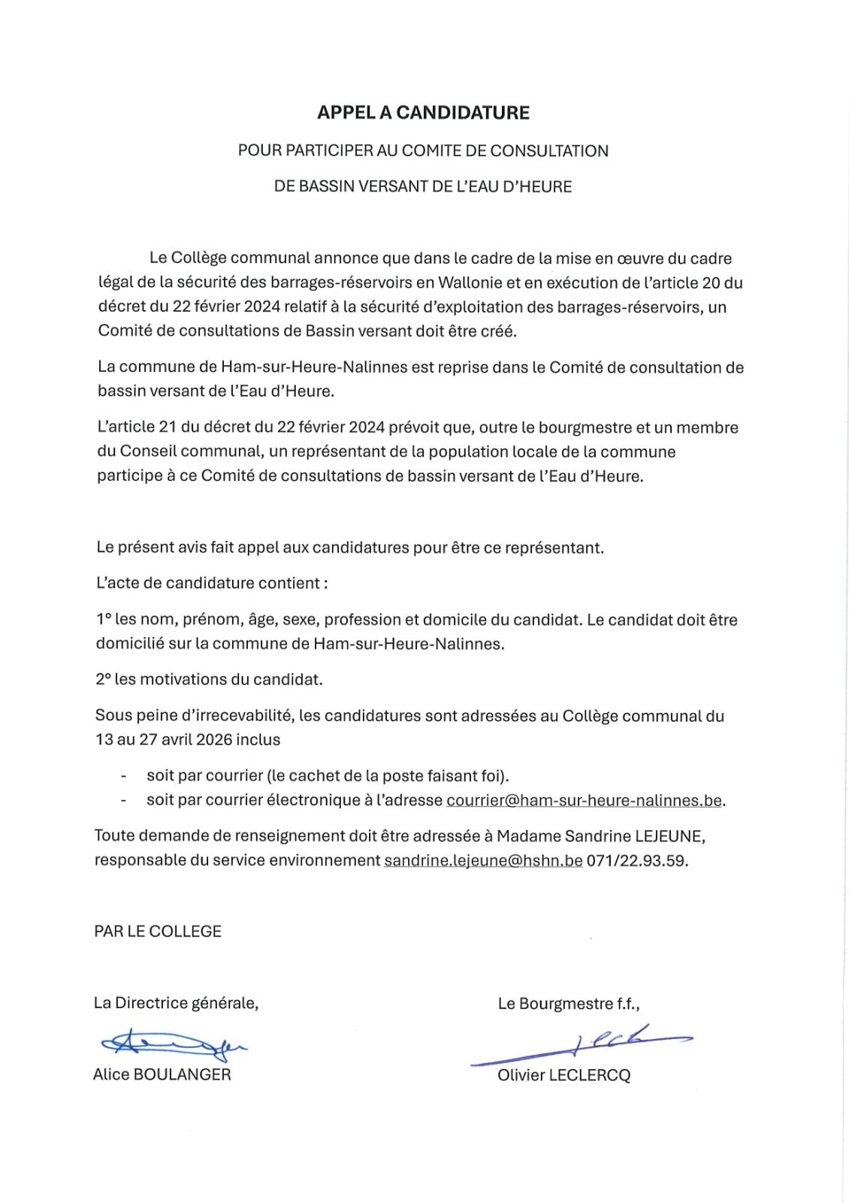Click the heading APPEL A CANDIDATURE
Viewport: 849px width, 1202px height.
[423, 113]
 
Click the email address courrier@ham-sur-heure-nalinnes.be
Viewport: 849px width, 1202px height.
[585, 800]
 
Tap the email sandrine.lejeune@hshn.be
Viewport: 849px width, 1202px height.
[483, 860]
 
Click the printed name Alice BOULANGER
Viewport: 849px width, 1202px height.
[162, 1074]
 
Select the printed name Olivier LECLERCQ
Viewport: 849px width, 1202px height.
[563, 1075]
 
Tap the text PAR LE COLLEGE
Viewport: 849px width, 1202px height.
[158, 932]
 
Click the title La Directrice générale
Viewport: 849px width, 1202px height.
[176, 1003]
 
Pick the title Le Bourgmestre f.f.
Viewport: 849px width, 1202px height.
[568, 1004]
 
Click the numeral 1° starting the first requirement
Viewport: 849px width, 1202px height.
[104, 620]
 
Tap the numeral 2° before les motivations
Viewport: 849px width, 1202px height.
[104, 680]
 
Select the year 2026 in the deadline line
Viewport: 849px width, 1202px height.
[213, 740]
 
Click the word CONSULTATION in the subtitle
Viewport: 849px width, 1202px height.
[549, 151]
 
